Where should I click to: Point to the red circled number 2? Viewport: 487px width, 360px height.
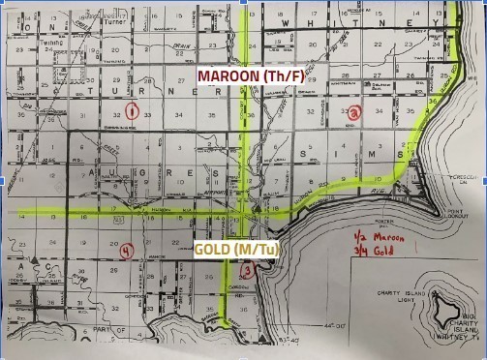(355, 112)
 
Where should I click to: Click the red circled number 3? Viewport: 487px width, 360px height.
(248, 272)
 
